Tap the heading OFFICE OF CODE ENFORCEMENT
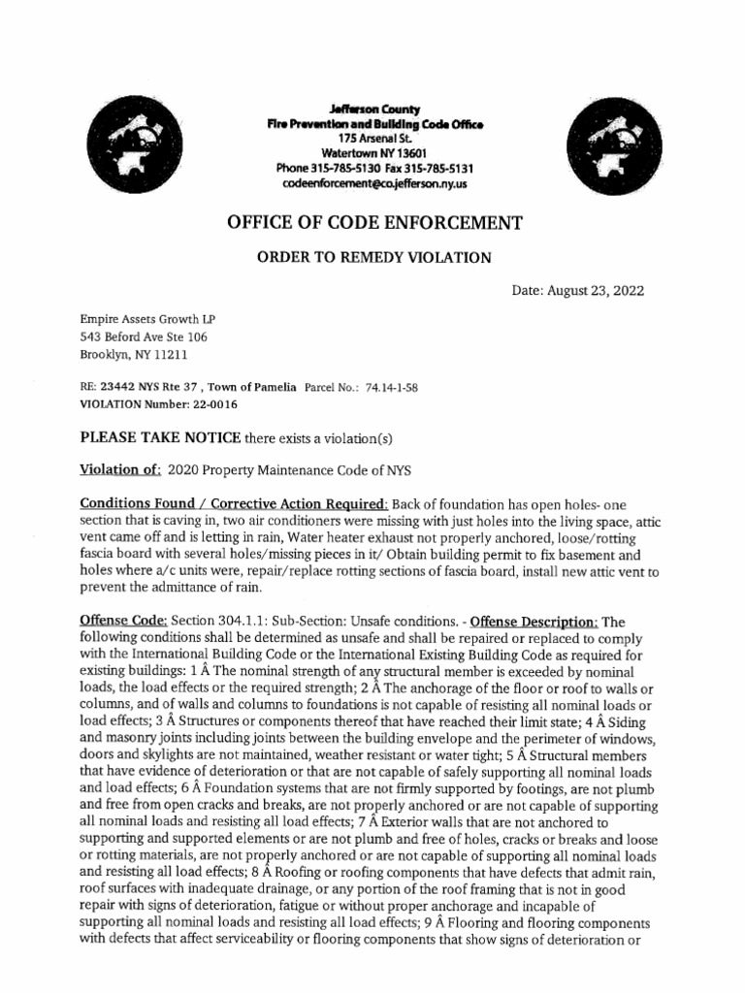coord(373,223)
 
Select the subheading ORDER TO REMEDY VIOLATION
coord(373,258)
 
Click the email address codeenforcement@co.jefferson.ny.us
coord(373,182)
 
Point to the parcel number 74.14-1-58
coord(393,386)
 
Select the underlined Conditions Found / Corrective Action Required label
coord(233,504)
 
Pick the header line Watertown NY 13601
coord(373,153)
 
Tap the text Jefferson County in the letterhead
coord(373,110)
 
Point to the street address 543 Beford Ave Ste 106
coord(143,336)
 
